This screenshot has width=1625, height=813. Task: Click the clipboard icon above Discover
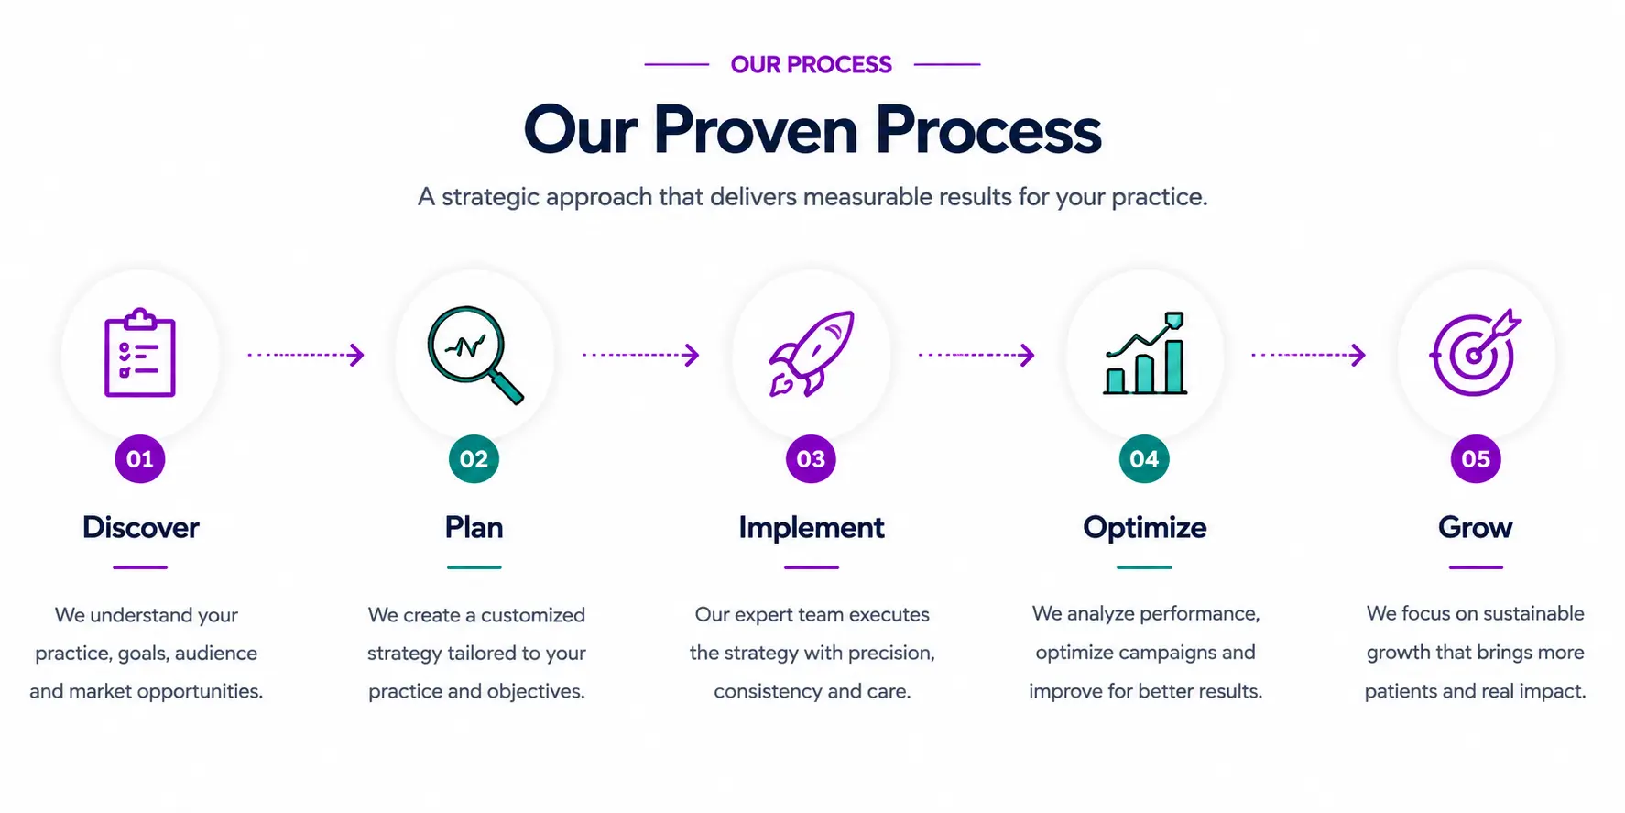pos(139,353)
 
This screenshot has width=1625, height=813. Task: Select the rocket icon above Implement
pos(812,354)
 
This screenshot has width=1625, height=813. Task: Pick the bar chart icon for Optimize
pos(1145,354)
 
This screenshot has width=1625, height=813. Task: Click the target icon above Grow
pos(1474,353)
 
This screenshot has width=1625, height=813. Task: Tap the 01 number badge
pos(140,459)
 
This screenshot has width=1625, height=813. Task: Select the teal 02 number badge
pos(474,459)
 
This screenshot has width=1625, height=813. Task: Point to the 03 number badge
pos(811,459)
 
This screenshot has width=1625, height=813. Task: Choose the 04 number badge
pos(1144,459)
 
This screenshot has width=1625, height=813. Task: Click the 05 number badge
pos(1476,459)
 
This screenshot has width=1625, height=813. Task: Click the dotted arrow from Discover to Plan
pos(306,355)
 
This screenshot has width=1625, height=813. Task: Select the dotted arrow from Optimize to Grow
pos(1309,355)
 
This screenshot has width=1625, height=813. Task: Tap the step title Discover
pos(141,528)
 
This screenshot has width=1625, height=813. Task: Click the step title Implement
pos(812,529)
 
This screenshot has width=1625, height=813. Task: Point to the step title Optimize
pos(1145,529)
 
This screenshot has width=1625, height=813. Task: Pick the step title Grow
pos(1476,528)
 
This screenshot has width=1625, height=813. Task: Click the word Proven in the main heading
pos(756,130)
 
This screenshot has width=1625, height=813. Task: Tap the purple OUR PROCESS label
pos(812,65)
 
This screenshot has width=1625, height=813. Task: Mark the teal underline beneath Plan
pos(474,567)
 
